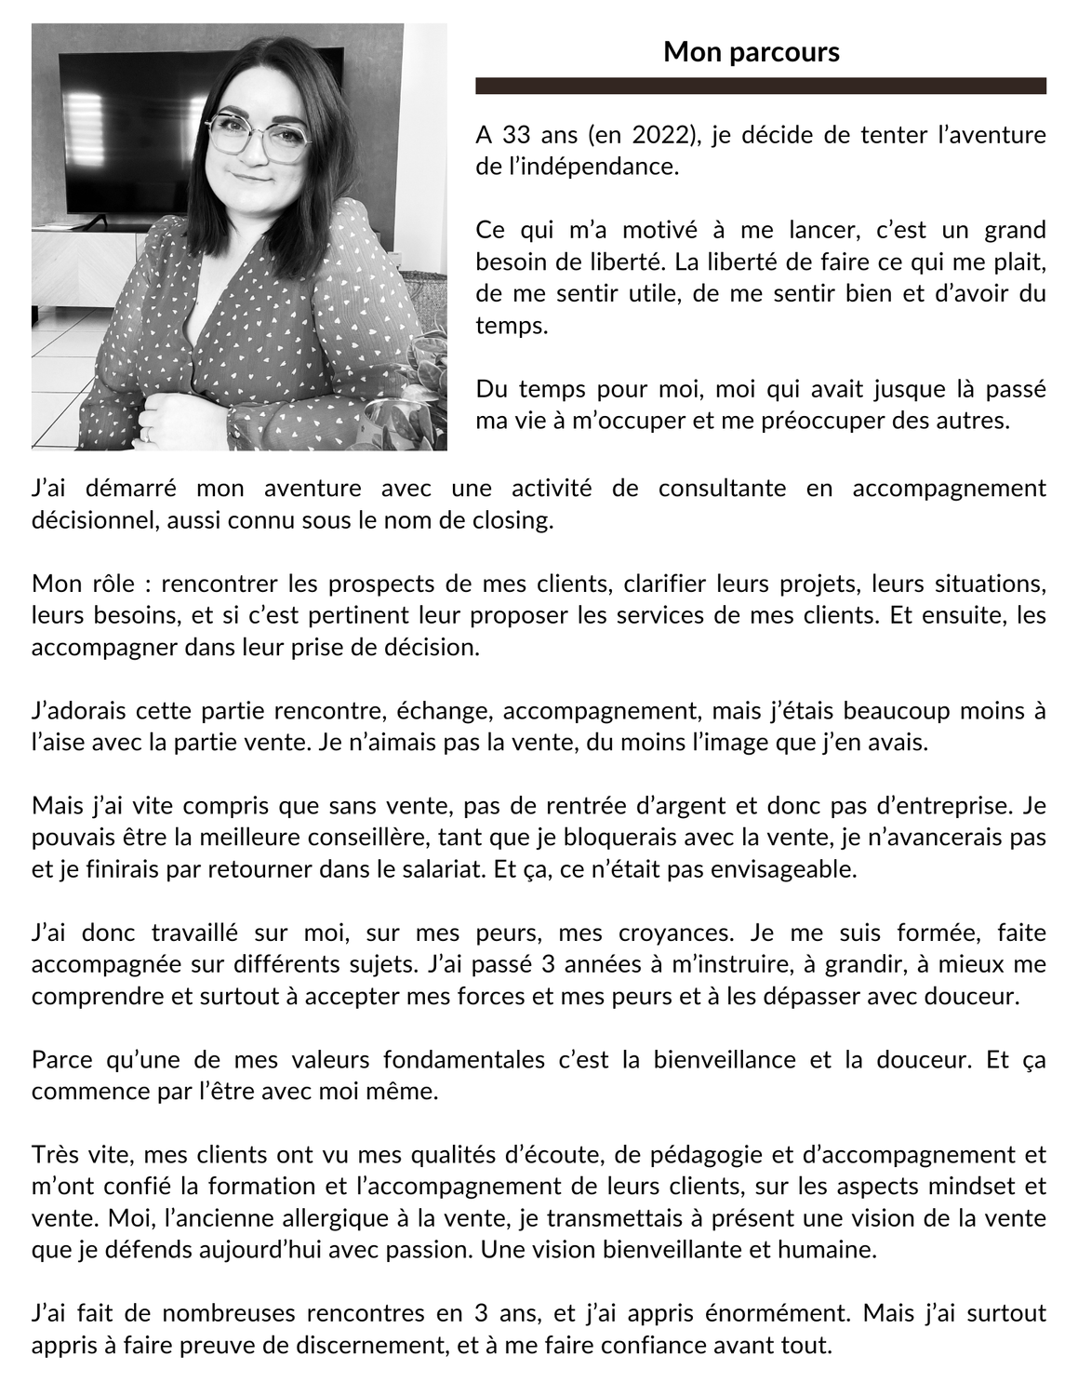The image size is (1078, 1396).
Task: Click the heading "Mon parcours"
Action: pyautogui.click(x=751, y=52)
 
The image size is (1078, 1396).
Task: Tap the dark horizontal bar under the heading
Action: pyautogui.click(x=760, y=86)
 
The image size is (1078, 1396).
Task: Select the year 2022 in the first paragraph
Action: pyautogui.click(x=662, y=135)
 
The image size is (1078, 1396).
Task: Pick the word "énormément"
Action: pyautogui.click(x=784, y=1314)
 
